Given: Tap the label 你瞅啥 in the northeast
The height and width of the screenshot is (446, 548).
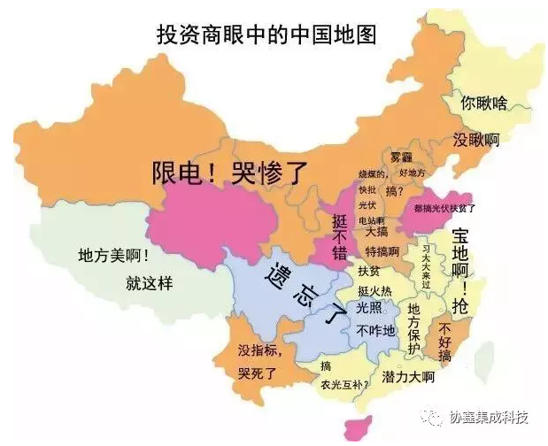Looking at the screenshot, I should coord(483,103).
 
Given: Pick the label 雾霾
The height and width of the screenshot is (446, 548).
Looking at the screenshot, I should coord(402,157).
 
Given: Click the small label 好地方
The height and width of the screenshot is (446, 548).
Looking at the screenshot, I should coord(413,172).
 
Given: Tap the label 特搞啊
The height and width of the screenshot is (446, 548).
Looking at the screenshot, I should coord(382,251).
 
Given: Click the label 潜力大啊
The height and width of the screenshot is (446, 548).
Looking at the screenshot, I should coord(408,378).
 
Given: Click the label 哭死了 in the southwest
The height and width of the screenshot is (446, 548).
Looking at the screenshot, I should coord(258,373).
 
